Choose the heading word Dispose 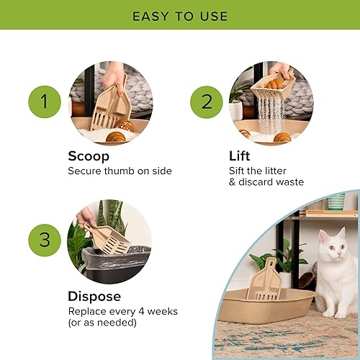[94, 297]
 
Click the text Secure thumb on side [120, 171]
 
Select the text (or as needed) [102, 323]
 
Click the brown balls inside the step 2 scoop [276, 83]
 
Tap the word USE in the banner [212, 16]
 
